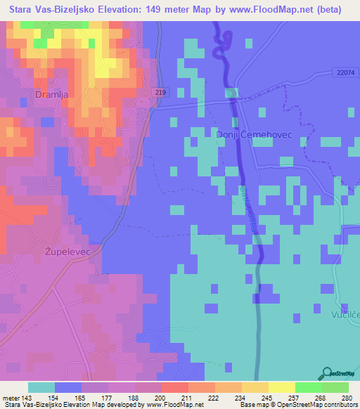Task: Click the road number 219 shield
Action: coord(160,92)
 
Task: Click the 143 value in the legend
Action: coord(27,396)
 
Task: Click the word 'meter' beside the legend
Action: coord(10,396)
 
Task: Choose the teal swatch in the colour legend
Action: coord(41,387)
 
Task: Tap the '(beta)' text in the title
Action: coord(328,10)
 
